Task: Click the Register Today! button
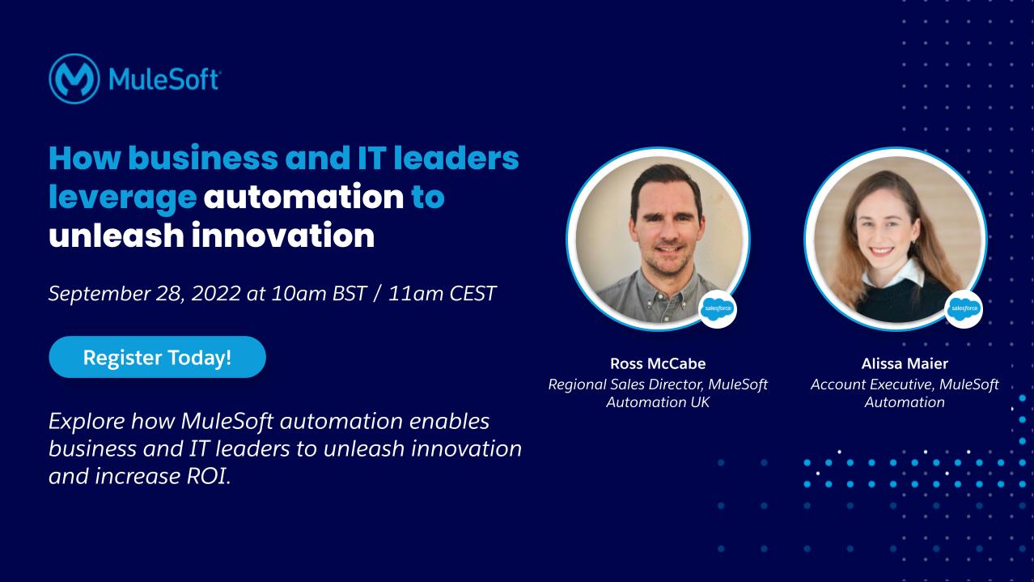coord(157,357)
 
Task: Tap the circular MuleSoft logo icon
coord(74,79)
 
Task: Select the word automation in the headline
coord(303,198)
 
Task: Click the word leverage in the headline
coord(122,198)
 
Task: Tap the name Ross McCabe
coord(658,363)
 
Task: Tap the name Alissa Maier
coord(905,363)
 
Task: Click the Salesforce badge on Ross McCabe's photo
coord(718,308)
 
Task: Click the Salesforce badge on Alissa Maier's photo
coord(964,308)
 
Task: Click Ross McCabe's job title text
coord(658,393)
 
